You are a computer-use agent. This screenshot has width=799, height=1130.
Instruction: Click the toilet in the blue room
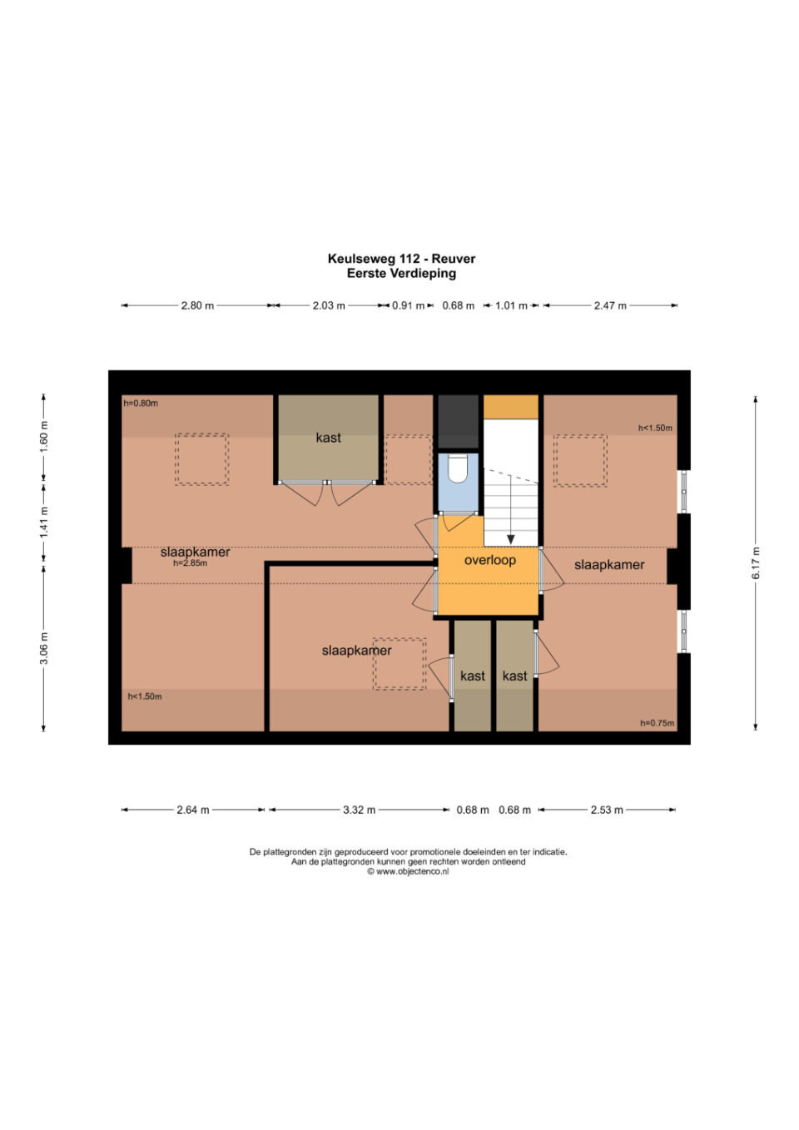[457, 468]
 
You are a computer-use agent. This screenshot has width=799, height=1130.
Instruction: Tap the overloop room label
[489, 560]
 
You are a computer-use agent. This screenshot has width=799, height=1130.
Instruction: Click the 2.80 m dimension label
[198, 305]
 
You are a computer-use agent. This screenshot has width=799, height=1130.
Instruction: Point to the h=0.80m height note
[141, 403]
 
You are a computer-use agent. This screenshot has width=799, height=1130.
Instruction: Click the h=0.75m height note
[658, 723]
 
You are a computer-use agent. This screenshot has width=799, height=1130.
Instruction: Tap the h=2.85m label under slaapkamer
[190, 563]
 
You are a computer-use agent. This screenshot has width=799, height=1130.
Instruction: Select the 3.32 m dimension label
[360, 810]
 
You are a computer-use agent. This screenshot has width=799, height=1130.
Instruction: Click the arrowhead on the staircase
[510, 539]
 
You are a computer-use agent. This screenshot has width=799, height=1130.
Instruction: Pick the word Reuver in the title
[454, 259]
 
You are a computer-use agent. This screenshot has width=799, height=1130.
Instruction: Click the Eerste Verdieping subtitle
[401, 274]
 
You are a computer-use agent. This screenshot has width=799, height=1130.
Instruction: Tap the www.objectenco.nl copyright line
[408, 871]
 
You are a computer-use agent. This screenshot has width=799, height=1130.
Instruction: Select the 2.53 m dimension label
[607, 810]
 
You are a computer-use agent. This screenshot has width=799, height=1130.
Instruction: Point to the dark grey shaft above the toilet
[458, 422]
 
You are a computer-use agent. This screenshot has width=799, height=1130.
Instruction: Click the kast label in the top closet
[329, 438]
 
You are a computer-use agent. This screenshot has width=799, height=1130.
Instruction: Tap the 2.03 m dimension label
[329, 305]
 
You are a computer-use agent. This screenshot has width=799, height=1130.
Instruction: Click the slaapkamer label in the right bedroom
[609, 565]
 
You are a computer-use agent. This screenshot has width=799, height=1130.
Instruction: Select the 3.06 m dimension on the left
[44, 648]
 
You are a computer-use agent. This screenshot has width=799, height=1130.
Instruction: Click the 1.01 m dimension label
[511, 305]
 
